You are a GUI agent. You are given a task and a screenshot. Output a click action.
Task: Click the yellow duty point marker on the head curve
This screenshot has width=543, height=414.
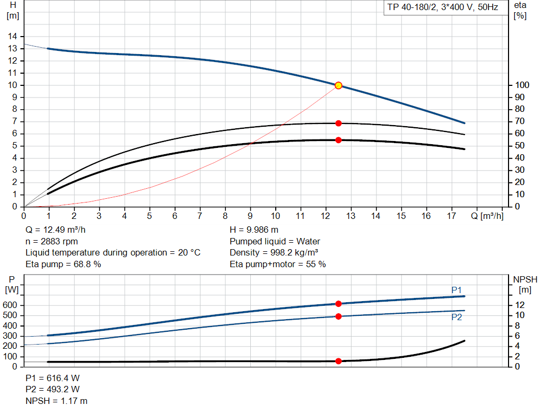[x=338, y=85]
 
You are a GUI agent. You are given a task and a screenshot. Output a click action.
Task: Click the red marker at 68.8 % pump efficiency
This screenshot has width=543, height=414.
[x=338, y=123]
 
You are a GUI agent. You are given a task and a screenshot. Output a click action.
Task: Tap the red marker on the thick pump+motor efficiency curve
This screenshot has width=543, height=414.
[x=338, y=140]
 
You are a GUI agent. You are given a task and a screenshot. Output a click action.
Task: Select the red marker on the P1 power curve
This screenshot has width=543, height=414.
[x=338, y=304]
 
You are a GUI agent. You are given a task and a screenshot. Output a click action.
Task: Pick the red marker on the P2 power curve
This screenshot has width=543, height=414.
[x=338, y=316]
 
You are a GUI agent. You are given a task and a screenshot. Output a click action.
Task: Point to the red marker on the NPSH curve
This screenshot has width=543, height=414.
[x=338, y=361]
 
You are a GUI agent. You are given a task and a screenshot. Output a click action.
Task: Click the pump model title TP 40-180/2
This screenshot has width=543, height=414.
[x=441, y=8]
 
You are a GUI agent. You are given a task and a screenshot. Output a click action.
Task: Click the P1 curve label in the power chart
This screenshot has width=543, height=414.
[x=457, y=289]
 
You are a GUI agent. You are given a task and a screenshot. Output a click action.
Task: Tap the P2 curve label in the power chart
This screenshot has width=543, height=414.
[x=457, y=317]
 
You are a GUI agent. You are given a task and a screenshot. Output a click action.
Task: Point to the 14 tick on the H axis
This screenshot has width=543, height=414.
[x=12, y=36]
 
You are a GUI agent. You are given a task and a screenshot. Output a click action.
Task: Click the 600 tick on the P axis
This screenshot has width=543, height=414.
[x=11, y=305]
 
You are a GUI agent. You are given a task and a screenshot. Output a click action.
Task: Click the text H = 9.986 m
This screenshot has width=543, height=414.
[x=254, y=230]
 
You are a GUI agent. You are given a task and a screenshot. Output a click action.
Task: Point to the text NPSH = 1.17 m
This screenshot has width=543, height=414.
[x=57, y=401]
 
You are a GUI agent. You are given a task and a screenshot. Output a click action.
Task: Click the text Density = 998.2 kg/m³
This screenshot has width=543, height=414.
[x=274, y=252]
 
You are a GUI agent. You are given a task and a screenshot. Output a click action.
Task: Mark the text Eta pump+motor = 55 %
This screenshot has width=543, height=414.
[x=278, y=264]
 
